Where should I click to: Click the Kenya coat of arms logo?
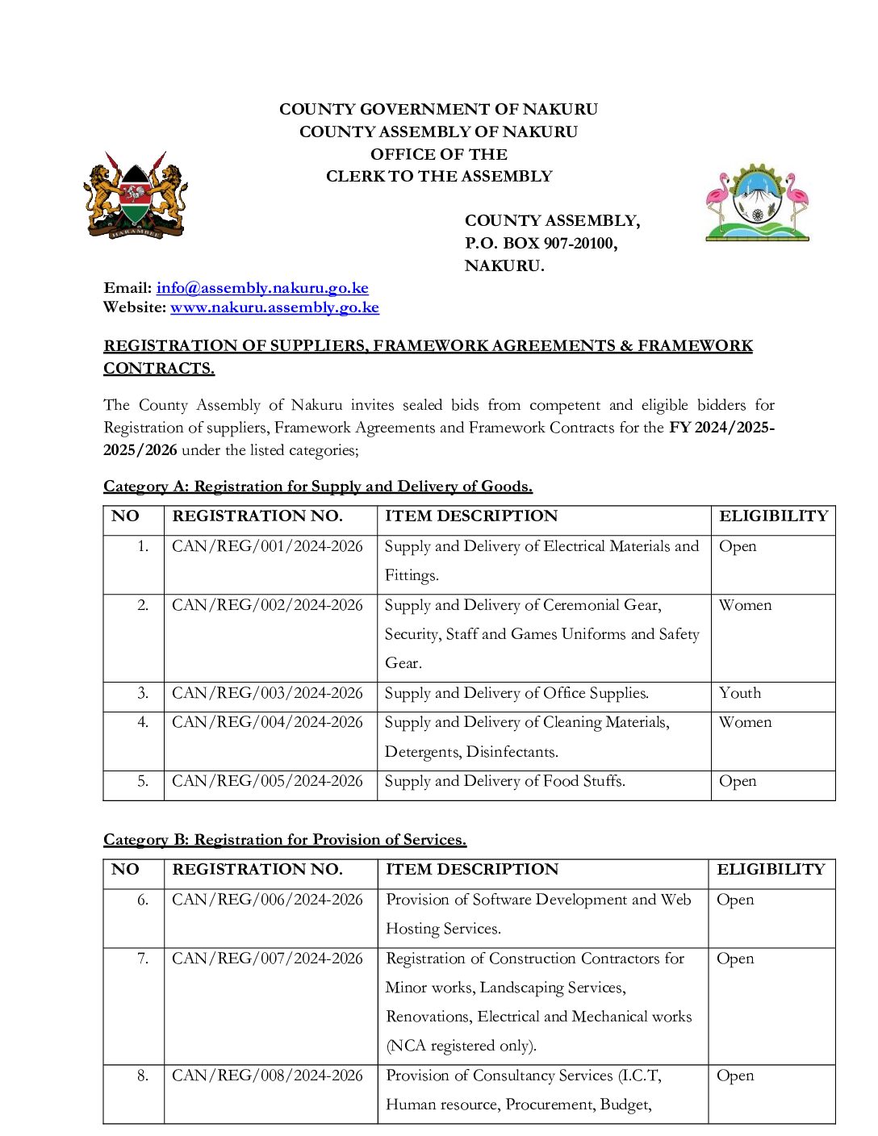[x=136, y=197]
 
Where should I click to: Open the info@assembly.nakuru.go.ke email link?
[x=262, y=288]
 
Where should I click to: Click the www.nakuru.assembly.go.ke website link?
[x=274, y=307]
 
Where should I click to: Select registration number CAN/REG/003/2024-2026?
[x=267, y=693]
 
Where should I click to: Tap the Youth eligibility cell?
[x=740, y=693]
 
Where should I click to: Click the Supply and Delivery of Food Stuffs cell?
[x=504, y=781]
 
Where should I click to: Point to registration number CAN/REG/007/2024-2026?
[x=267, y=958]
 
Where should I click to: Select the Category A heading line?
[x=318, y=487]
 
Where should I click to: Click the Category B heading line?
[x=285, y=840]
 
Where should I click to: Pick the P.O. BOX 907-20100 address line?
[x=541, y=244]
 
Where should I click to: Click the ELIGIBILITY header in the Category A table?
[x=773, y=516]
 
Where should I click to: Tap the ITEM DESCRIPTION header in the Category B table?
[x=472, y=870]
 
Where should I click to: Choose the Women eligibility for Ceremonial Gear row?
[x=745, y=605]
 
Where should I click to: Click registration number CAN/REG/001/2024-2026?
[x=267, y=546]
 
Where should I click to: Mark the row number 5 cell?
[x=143, y=781]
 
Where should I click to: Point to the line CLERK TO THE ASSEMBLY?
[x=439, y=177]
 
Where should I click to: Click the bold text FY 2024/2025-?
[x=721, y=428]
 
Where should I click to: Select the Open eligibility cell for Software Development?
[x=735, y=900]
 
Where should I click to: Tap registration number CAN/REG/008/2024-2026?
[x=267, y=1075]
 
